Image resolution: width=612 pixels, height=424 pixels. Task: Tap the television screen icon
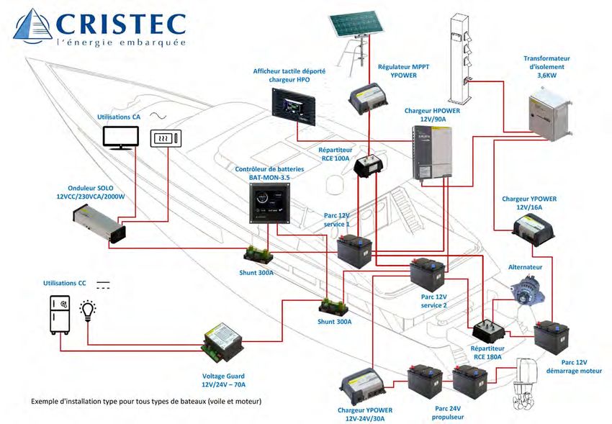tap(120, 137)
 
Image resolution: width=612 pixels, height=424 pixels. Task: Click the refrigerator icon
tap(60, 315)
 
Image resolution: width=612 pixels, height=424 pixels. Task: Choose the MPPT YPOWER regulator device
tap(369, 98)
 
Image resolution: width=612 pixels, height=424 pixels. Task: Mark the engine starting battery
tap(553, 337)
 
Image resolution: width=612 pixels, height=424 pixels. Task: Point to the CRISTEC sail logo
tap(33, 26)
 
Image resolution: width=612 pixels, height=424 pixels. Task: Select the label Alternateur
tap(525, 266)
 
